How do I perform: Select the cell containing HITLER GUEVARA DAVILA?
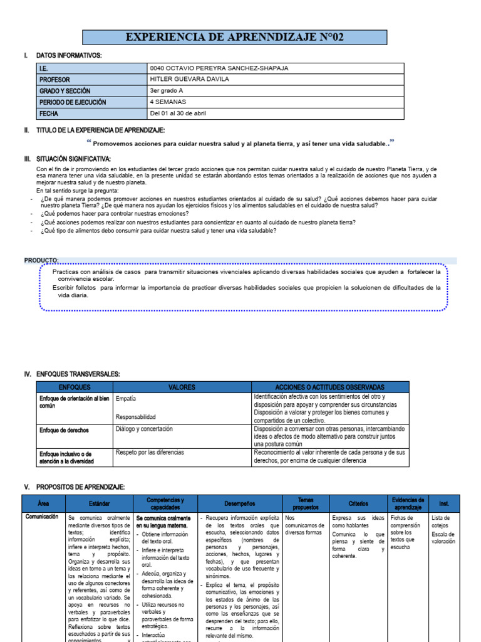tap(190, 79)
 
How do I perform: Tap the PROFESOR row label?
tap(55, 80)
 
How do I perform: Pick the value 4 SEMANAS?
tap(166, 102)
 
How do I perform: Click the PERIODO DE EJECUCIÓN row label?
tap(73, 102)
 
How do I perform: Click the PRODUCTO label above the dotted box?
tap(41, 260)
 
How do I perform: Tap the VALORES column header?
tap(182, 387)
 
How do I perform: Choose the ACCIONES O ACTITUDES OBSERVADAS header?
tap(330, 387)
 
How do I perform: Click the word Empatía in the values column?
tap(126, 399)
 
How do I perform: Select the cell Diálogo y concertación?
tap(144, 429)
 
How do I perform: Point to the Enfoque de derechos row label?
tap(64, 431)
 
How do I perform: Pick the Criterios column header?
tap(358, 503)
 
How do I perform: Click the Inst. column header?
tap(444, 503)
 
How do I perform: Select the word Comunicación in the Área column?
tap(43, 517)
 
